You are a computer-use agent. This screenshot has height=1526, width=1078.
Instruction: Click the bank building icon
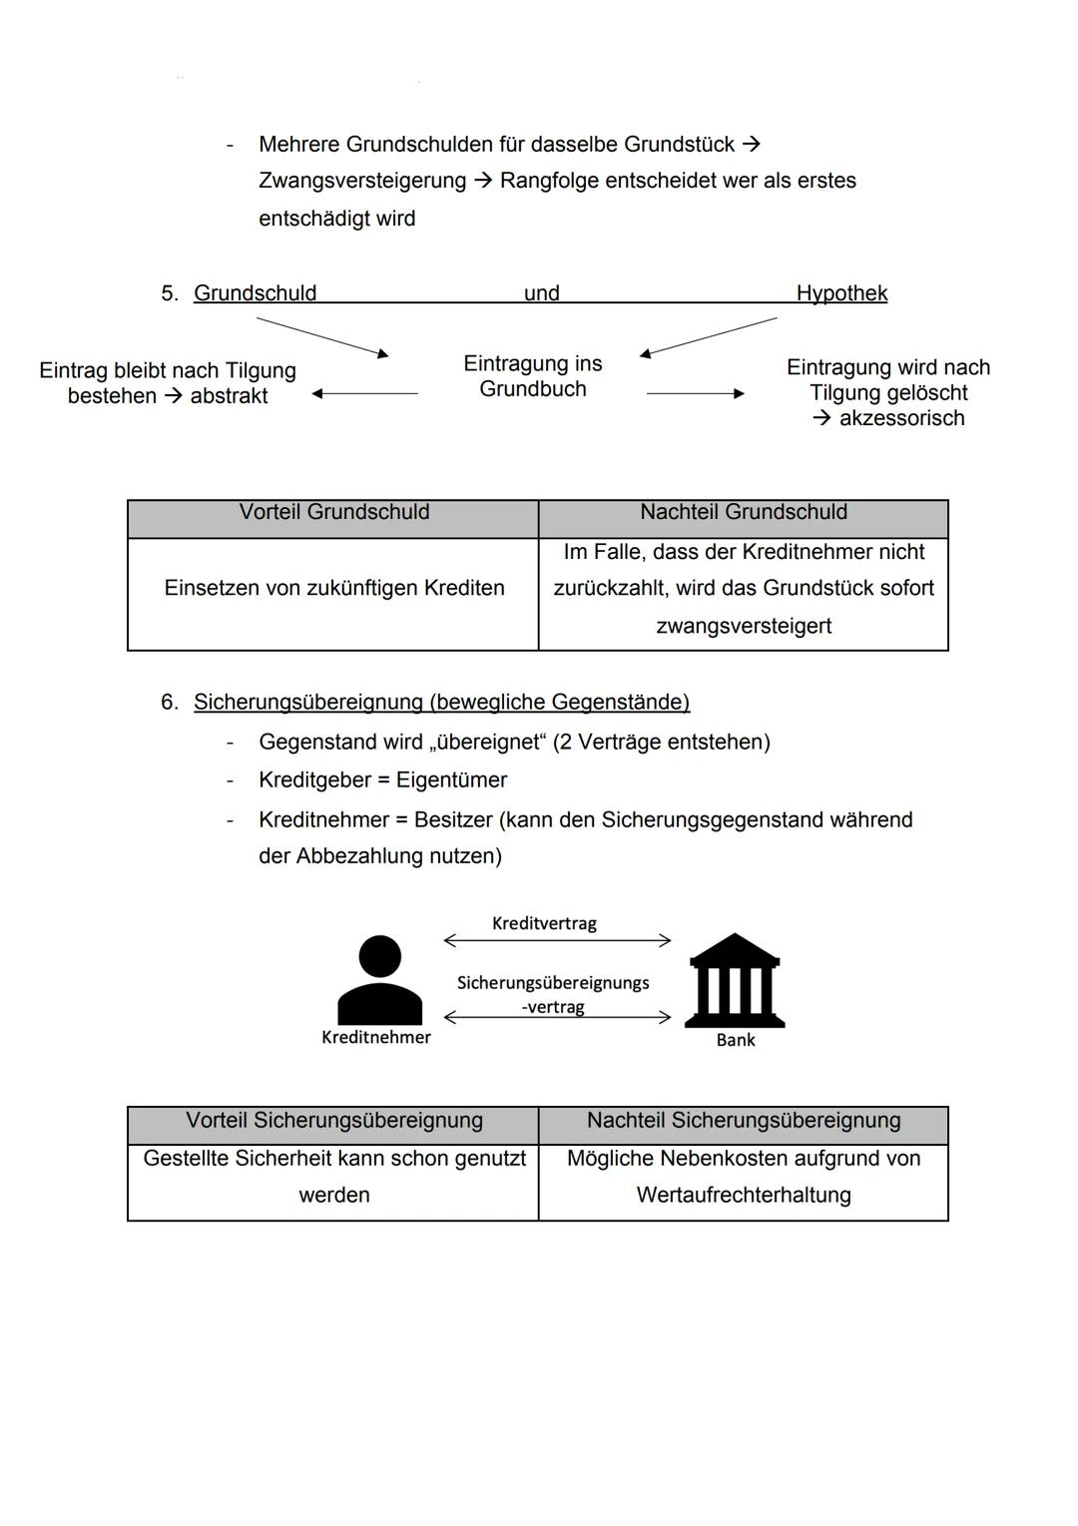735,980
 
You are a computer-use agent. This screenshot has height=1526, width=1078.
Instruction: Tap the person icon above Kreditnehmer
379,980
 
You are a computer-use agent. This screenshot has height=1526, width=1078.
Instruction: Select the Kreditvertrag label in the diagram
544,923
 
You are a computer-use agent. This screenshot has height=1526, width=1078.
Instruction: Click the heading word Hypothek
841,293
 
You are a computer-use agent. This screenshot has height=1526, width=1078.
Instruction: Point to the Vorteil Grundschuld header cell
333,513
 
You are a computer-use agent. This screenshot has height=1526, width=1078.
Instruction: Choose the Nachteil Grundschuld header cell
744,513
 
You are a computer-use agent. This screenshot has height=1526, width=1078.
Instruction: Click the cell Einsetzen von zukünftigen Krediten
333,589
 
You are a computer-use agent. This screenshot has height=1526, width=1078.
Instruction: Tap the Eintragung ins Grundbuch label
533,376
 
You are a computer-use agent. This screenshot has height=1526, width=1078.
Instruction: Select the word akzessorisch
901,418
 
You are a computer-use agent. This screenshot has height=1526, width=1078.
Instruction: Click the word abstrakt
229,396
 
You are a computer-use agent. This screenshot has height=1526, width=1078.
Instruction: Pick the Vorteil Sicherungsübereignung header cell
333,1121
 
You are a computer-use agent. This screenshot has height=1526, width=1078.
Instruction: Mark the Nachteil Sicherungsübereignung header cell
744,1121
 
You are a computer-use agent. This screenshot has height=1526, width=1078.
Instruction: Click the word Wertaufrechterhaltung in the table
744,1196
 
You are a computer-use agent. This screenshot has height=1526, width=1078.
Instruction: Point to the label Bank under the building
736,1040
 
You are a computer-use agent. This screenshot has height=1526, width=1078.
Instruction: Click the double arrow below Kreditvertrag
557,940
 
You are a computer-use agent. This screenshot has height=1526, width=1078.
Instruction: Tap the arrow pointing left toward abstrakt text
364,394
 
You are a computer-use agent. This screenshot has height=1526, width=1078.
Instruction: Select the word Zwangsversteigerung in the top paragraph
362,182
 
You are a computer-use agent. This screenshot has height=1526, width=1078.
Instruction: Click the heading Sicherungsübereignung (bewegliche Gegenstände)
441,703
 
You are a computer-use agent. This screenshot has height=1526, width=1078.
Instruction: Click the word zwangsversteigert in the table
744,627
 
